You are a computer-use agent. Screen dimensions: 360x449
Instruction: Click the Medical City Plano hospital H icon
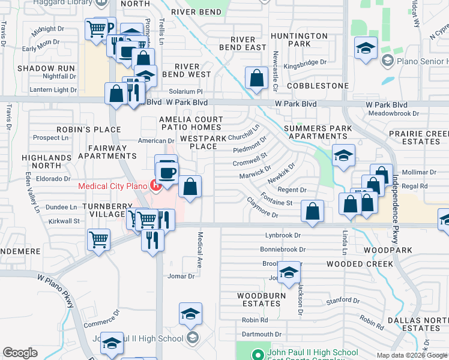pyautogui.click(x=156, y=185)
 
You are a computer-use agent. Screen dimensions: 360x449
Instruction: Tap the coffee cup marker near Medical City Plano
pyautogui.click(x=167, y=173)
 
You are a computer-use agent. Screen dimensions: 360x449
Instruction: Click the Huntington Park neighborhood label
pyautogui.click(x=299, y=40)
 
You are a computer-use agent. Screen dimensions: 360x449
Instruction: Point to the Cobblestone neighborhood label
pyautogui.click(x=318, y=86)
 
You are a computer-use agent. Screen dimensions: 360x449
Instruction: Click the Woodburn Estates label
pyautogui.click(x=259, y=299)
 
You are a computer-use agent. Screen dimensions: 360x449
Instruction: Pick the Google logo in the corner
pyautogui.click(x=20, y=353)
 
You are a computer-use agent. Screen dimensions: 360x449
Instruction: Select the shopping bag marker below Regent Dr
pyautogui.click(x=313, y=211)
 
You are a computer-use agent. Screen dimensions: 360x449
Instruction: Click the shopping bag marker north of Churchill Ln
pyautogui.click(x=256, y=78)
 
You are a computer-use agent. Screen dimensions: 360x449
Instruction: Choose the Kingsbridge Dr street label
pyautogui.click(x=305, y=62)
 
